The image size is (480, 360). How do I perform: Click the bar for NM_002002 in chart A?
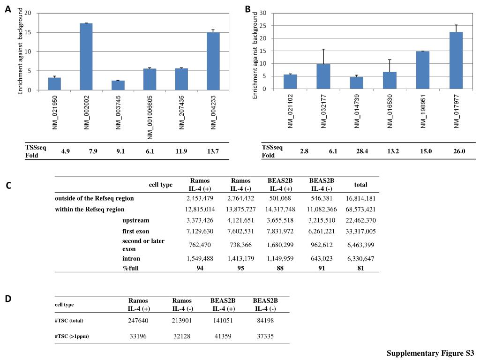[x=86, y=57]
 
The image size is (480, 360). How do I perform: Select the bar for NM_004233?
[x=213, y=61]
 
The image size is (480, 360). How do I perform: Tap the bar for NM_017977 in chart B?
[x=456, y=60]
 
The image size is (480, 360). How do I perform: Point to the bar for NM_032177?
[x=323, y=76]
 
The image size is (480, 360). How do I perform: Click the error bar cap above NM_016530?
[x=390, y=60]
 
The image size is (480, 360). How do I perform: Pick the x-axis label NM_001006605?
[x=150, y=118]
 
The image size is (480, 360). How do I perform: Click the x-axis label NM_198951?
[x=423, y=111]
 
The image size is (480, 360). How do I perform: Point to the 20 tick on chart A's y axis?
[x=28, y=13]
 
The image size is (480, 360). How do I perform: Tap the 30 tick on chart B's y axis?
[x=262, y=13]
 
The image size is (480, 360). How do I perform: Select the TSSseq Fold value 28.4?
[x=362, y=151]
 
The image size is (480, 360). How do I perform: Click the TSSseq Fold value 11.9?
[x=181, y=151]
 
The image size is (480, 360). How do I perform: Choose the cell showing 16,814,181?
[x=360, y=198]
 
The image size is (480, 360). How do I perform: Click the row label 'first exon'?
[x=135, y=232]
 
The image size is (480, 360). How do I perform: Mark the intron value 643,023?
[x=322, y=259]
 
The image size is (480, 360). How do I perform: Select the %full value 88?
[x=280, y=268]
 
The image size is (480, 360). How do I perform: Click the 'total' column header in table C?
[x=360, y=185]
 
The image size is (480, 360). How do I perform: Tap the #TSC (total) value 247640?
[x=138, y=321]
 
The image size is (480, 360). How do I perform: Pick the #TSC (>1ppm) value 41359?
[x=223, y=336]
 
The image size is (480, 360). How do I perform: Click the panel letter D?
[x=8, y=299]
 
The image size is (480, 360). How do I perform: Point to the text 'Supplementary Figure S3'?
[x=430, y=353]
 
